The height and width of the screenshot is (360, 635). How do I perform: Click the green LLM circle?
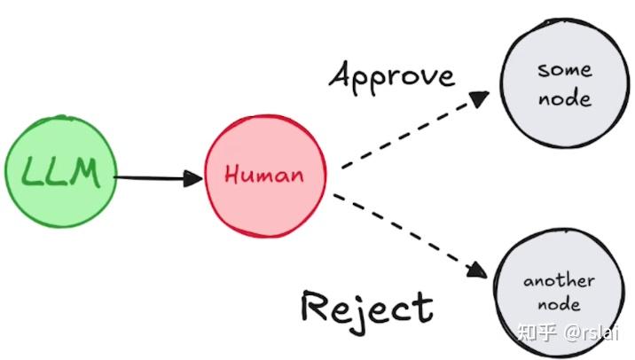60,175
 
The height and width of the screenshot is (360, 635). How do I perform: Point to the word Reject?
366,308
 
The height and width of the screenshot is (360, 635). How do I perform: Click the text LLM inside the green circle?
60,175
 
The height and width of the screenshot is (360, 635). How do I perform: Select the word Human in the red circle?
264,175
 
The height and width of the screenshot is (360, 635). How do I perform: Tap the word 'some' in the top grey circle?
564,69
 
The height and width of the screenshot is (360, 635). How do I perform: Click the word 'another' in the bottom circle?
558,281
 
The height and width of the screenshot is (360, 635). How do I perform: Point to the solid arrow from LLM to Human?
151,177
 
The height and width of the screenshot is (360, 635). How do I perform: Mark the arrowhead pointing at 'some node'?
479,97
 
